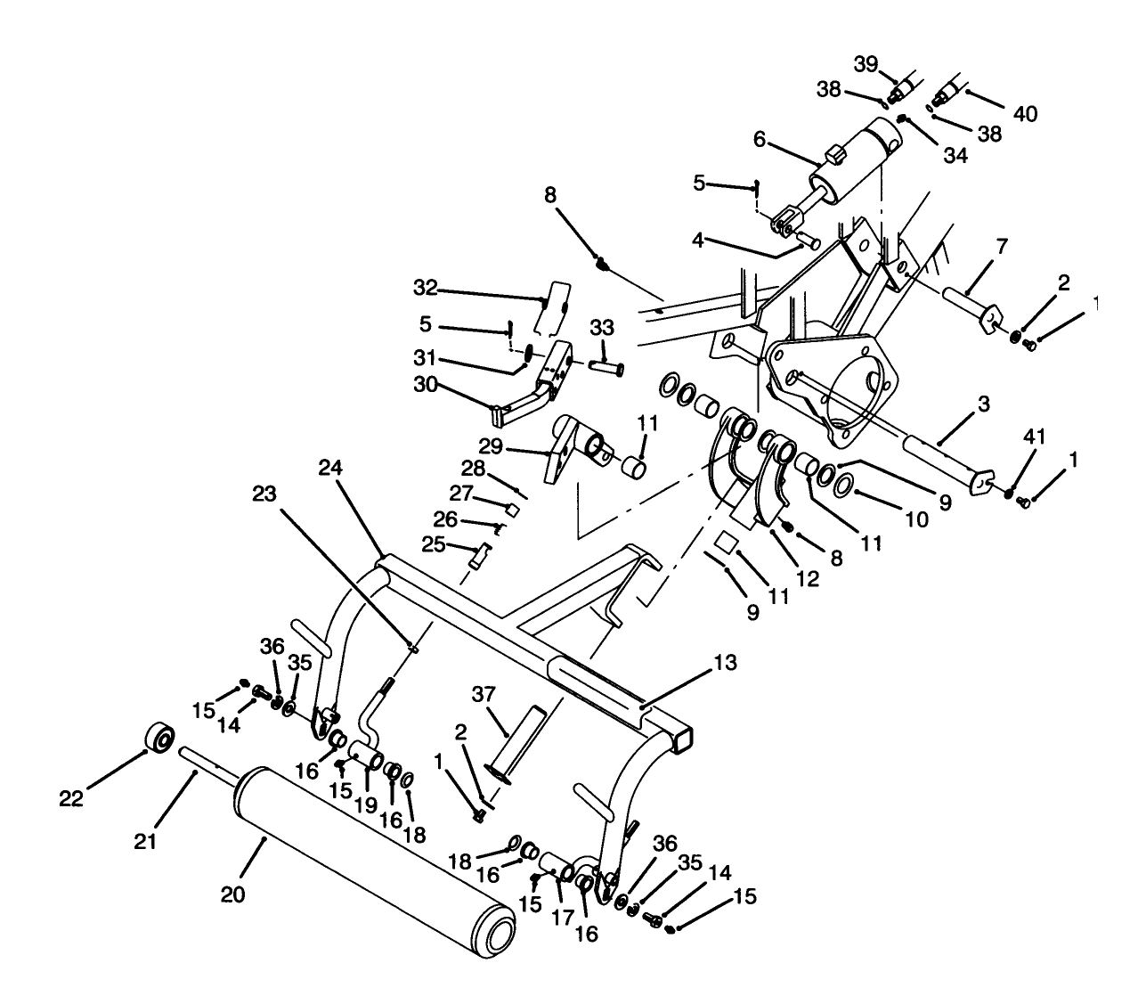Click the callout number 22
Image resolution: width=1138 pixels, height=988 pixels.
coord(71,799)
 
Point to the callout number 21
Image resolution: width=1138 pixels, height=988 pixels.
coord(146,840)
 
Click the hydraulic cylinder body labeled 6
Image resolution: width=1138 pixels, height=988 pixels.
coord(859,158)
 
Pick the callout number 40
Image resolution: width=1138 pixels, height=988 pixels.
coord(1025,113)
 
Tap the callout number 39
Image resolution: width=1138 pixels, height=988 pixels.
coord(866,64)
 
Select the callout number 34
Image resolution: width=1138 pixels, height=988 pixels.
coord(955,155)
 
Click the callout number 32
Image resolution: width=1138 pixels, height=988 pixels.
coord(427,288)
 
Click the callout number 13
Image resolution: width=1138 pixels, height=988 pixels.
coord(725,663)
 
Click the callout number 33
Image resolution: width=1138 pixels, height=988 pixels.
coord(603,327)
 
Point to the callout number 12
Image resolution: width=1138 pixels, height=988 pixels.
coord(807,579)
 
